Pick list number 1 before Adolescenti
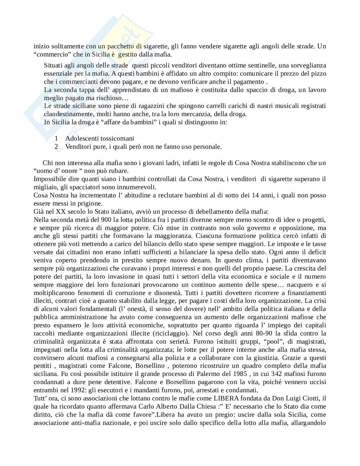click(x=56, y=138)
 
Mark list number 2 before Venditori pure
click(x=56, y=147)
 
